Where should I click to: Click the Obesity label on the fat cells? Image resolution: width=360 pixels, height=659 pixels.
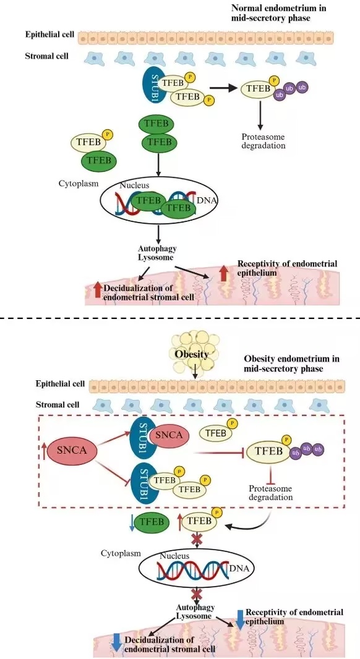191,354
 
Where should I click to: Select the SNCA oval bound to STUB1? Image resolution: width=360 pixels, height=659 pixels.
169,435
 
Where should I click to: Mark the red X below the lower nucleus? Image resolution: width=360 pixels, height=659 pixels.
196,594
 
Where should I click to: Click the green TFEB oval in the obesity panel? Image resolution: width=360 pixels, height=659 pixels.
151,522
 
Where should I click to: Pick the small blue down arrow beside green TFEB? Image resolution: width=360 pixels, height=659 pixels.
132,522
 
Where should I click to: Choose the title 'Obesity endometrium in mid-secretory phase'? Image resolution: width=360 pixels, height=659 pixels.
292,364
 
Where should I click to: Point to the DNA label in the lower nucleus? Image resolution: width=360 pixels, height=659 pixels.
240,569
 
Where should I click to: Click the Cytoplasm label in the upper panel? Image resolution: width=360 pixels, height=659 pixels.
79,183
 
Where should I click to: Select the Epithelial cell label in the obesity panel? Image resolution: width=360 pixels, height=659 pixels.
60,384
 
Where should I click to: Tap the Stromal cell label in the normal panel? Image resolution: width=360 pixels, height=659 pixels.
46,56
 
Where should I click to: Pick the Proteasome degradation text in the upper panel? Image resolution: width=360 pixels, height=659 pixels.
264,141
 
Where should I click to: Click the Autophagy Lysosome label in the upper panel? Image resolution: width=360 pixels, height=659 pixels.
155,253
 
